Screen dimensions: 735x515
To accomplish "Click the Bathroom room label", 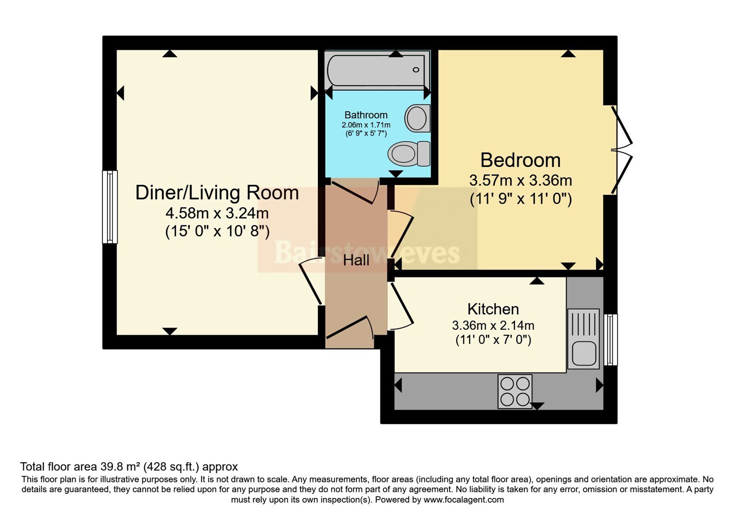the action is (x=366, y=115).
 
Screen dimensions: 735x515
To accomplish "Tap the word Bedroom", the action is (x=520, y=160).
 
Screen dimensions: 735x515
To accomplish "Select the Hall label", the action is (x=356, y=260).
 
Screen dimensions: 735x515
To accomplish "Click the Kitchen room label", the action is (x=493, y=309).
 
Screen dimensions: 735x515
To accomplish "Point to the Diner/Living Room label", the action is (x=217, y=193).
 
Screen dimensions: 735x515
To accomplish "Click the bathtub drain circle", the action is (x=416, y=69).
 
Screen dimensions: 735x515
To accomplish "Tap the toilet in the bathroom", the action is (x=409, y=154).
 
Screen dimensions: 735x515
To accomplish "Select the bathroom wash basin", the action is (x=418, y=118).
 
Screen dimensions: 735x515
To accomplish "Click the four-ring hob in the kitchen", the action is (x=515, y=391).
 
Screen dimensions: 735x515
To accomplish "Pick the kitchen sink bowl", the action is (x=584, y=354).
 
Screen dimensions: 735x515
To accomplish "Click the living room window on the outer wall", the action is (x=110, y=207).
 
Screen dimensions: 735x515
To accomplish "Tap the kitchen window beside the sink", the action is (x=611, y=340).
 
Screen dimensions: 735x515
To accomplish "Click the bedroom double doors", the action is (x=621, y=150).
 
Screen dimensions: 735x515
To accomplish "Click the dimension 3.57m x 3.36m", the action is (x=520, y=180).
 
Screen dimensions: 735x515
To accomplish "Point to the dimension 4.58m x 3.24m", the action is (x=217, y=213).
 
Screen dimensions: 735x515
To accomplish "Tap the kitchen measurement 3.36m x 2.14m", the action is (x=493, y=326).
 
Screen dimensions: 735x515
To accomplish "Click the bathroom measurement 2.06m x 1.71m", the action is (x=366, y=125).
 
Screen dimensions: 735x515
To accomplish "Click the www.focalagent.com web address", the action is (x=464, y=499).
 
